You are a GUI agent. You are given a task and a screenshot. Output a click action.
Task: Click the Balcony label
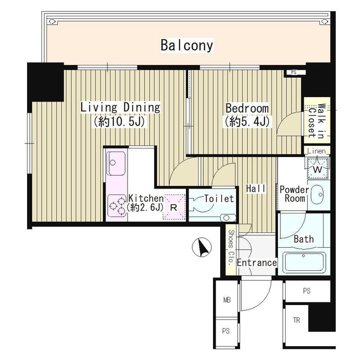pyautogui.click(x=187, y=46)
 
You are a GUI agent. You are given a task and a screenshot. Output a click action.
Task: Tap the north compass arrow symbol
pyautogui.click(x=202, y=247)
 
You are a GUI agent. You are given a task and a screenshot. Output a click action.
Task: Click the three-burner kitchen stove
pyautogui.click(x=117, y=206)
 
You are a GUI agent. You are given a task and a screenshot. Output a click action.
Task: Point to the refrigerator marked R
pyautogui.click(x=174, y=207)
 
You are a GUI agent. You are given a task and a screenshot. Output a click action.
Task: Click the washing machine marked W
pyautogui.click(x=318, y=168)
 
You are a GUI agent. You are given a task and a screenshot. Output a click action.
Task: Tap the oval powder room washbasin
pyautogui.click(x=317, y=195)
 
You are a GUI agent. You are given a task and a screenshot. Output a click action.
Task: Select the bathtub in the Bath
pyautogui.click(x=304, y=262)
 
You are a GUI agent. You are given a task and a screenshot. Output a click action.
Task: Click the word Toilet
pyautogui.click(x=219, y=199)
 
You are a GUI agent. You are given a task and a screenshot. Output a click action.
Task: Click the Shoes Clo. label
pyautogui.click(x=231, y=248)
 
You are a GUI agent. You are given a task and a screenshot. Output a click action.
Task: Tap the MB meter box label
pyautogui.click(x=227, y=300)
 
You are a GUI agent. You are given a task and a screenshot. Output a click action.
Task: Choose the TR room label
pyautogui.click(x=296, y=320)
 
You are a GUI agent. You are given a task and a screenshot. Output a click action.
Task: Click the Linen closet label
pyautogui.click(x=317, y=151)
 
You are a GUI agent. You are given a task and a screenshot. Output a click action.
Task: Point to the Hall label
pyautogui.click(x=256, y=189)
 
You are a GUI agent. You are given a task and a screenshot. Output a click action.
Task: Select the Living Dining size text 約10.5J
pyautogui.click(x=119, y=122)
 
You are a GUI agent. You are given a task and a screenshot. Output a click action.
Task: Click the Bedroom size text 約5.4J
pyautogui.click(x=247, y=122)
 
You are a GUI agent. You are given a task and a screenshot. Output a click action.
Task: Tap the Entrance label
pyautogui.click(x=257, y=263)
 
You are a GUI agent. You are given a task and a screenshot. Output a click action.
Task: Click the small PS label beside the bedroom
pyautogui.click(x=294, y=72)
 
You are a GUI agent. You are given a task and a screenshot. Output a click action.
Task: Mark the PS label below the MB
pyautogui.click(x=226, y=331)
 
